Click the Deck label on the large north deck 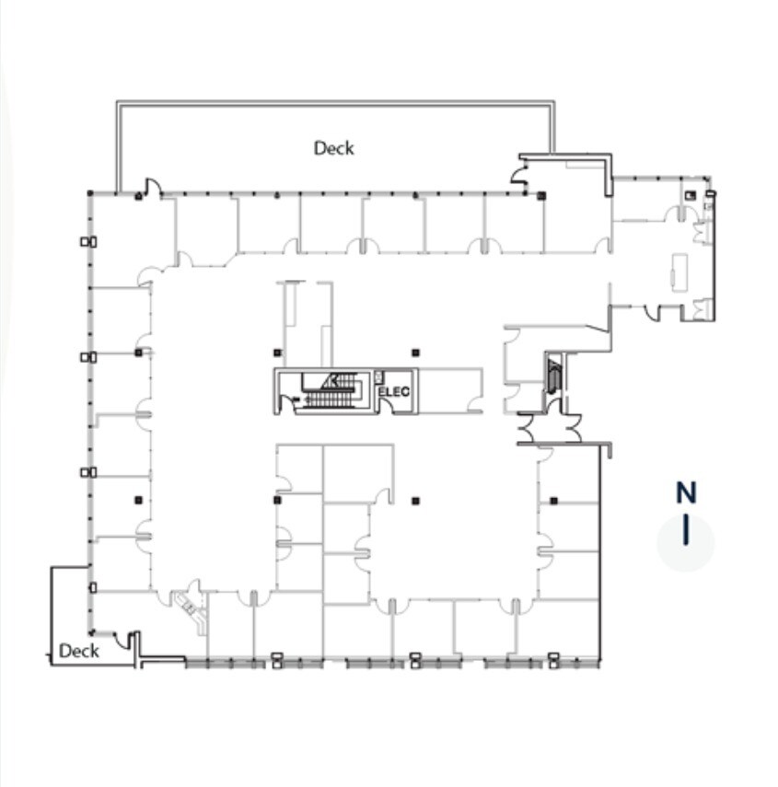(333, 147)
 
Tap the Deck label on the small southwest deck (78, 651)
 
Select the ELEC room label (394, 392)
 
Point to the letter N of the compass (686, 493)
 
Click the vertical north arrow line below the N (686, 531)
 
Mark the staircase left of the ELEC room (331, 392)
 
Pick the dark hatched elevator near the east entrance (552, 376)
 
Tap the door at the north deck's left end (153, 187)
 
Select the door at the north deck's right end (521, 175)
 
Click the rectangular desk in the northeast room (680, 272)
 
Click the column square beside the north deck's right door (541, 195)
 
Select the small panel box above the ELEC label (379, 376)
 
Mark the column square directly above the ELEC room (415, 352)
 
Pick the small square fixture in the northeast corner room (689, 194)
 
